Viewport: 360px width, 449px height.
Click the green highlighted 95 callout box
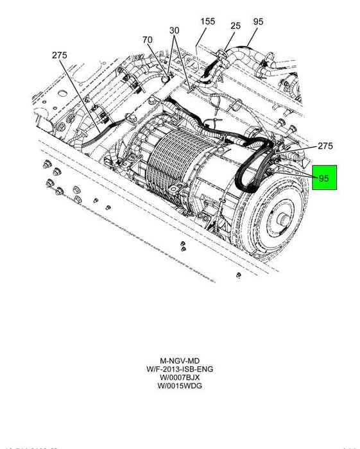[x=324, y=178]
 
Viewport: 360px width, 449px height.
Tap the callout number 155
[x=207, y=21]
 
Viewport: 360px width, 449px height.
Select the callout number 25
[x=236, y=26]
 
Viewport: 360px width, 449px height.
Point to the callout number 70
[x=148, y=40]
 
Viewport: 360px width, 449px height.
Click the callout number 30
[x=175, y=31]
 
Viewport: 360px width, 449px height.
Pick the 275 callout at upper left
[x=60, y=56]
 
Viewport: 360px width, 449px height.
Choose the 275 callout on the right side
[x=325, y=146]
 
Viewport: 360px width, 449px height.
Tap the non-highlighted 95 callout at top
[x=258, y=21]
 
